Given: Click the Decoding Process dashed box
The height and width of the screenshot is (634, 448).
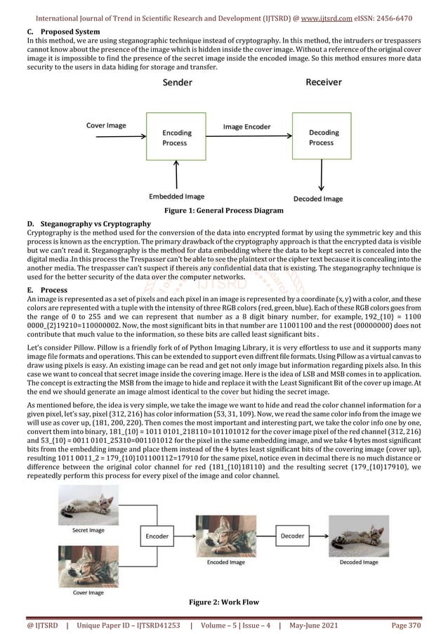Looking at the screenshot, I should tap(322, 138).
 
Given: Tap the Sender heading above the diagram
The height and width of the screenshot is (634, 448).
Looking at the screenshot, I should tap(179, 83).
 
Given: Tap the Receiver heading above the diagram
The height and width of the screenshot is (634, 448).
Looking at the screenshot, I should tap(324, 83).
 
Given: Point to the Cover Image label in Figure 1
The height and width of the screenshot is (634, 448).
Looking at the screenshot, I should tap(106, 126).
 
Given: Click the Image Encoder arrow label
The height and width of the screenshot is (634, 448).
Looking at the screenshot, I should tap(247, 127).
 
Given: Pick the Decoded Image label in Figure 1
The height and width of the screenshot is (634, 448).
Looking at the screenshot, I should tap(322, 198).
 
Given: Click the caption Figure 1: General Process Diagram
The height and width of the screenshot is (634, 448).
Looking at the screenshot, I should tap(223, 210).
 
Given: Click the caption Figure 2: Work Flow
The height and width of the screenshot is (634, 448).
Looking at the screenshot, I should tap(223, 602).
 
